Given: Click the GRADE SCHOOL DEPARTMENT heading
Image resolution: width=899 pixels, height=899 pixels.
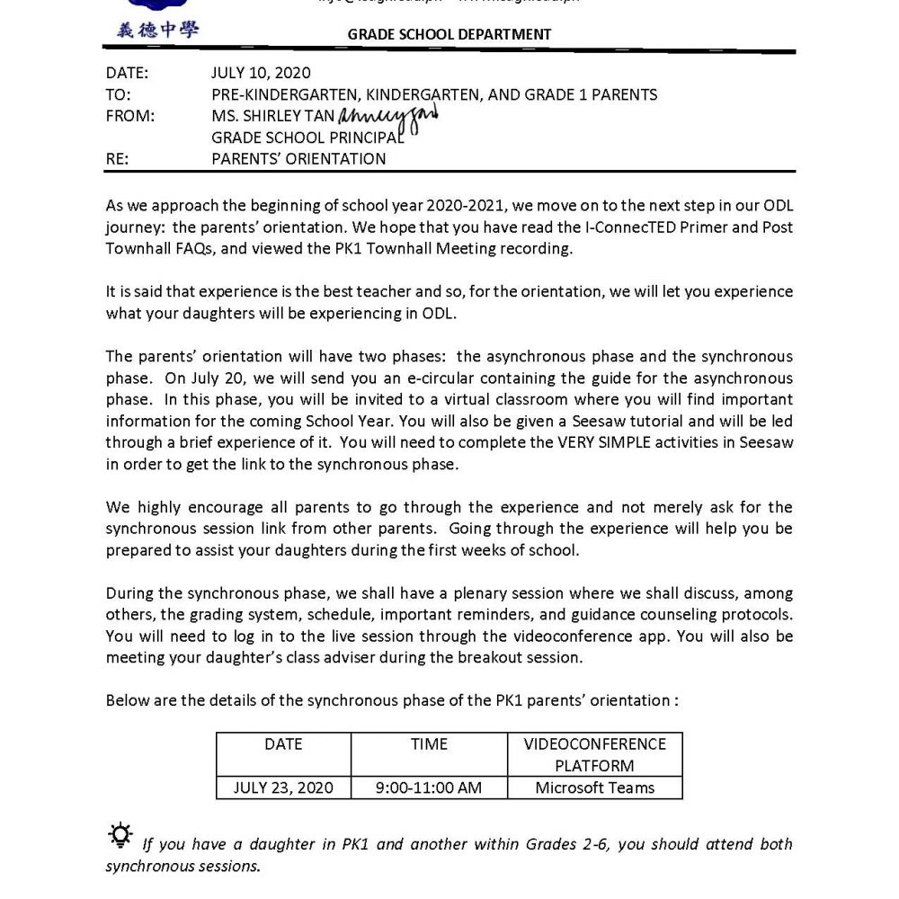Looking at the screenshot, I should coord(449,35).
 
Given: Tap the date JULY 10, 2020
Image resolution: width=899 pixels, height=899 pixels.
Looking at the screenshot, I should coord(261,73).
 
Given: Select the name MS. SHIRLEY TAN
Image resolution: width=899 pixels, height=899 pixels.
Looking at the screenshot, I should coord(272,115).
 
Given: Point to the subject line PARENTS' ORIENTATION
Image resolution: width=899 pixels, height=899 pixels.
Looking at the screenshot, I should coord(298,159).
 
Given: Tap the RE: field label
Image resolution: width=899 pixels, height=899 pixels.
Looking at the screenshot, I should coord(118,159).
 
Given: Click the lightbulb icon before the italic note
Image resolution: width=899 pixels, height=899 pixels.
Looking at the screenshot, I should coord(120,835).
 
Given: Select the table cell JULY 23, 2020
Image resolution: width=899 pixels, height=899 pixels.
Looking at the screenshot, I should coord(283,788).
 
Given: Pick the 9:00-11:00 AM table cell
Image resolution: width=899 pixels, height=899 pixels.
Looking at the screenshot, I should coord(429,788).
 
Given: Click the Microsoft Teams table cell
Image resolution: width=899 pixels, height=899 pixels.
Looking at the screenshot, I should coord(594,788).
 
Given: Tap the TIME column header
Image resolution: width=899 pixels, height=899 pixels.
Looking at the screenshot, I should coord(429,744).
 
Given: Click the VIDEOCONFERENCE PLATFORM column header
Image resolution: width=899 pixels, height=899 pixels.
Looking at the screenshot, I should coord(594,755).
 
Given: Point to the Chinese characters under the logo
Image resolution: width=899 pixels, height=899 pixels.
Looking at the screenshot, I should coord(158,30).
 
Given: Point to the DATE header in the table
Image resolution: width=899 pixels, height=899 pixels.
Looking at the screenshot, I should coord(283,744).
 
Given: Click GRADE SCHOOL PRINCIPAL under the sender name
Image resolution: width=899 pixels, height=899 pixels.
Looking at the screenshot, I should coord(307,138).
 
